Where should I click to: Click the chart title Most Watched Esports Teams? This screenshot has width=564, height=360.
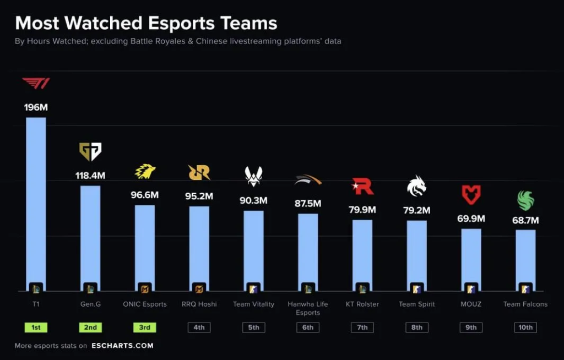[x=146, y=23]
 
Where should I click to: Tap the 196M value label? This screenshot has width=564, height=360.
[x=36, y=107]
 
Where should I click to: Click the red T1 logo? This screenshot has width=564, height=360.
[x=36, y=84]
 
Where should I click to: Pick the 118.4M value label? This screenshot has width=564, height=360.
[x=90, y=176]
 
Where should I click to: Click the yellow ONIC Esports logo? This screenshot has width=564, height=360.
[x=145, y=172]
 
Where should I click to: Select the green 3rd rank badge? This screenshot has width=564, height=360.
[x=145, y=327]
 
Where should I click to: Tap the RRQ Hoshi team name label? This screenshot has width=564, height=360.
[x=199, y=304]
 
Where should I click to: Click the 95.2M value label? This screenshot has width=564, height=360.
[x=199, y=196]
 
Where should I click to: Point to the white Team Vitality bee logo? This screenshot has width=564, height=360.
[x=253, y=176]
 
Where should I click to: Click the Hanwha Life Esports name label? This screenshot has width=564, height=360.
[x=308, y=308]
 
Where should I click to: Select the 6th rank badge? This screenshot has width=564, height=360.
[x=308, y=327]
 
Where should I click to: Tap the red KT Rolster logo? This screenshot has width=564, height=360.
[x=362, y=187]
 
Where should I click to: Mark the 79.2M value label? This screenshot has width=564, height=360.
[x=416, y=210]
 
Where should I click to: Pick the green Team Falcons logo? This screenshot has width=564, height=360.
[x=525, y=200]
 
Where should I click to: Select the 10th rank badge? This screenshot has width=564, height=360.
[x=525, y=327]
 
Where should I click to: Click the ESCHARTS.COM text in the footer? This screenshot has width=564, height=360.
[x=122, y=346]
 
